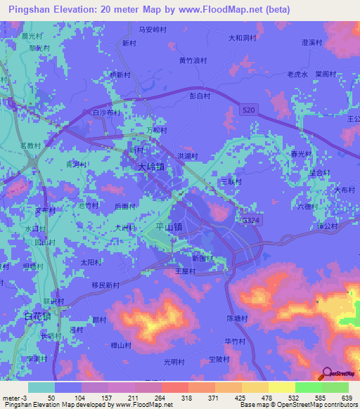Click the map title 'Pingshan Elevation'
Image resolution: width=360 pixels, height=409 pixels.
coord(53,10)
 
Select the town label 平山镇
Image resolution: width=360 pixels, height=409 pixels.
coord(168,227)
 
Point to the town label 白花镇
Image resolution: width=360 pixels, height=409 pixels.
coord(37,317)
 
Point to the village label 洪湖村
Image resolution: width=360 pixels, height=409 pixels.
coord(186,156)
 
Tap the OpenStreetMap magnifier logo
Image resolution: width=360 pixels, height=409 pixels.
coord(327,375)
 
